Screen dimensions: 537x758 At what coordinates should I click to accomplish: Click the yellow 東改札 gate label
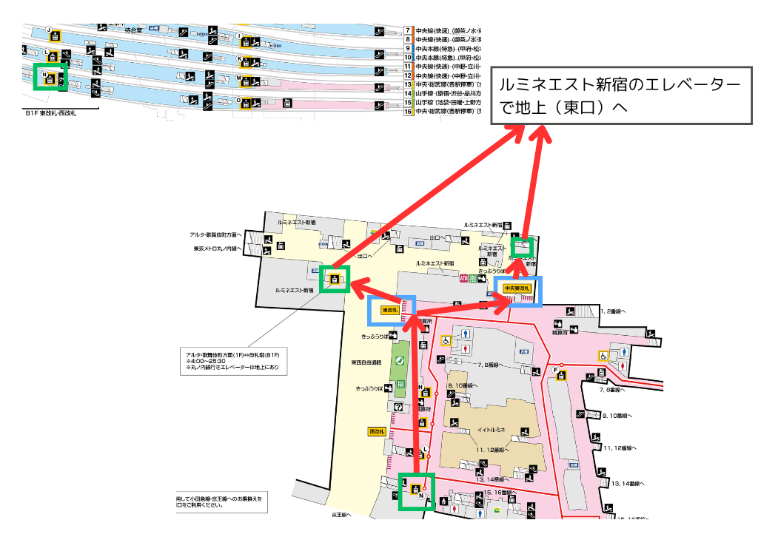pyautogui.click(x=391, y=311)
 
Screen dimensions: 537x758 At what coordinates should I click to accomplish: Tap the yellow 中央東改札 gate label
pyautogui.click(x=517, y=288)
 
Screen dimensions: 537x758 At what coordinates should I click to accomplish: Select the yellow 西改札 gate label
pyautogui.click(x=378, y=431)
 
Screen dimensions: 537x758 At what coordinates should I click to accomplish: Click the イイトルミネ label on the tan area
pyautogui.click(x=491, y=430)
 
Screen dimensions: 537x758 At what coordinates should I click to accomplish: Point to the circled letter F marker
pyautogui.click(x=555, y=370)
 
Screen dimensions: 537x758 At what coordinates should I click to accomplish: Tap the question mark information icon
pyautogui.click(x=398, y=407)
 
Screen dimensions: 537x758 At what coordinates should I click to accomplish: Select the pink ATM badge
pyautogui.click(x=464, y=278)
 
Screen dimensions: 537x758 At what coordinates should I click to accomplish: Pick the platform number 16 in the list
pyautogui.click(x=407, y=111)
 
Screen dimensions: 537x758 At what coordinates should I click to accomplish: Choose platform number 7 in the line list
pyautogui.click(x=407, y=30)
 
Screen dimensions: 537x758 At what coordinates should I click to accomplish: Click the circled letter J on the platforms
pyautogui.click(x=50, y=30)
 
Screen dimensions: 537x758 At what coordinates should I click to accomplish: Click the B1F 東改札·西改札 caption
pyautogui.click(x=50, y=113)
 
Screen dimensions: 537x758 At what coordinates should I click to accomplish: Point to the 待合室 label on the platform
pyautogui.click(x=133, y=30)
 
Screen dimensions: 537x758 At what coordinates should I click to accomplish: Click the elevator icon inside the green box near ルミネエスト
pyautogui.click(x=335, y=280)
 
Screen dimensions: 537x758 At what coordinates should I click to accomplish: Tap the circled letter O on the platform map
pyautogui.click(x=238, y=100)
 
